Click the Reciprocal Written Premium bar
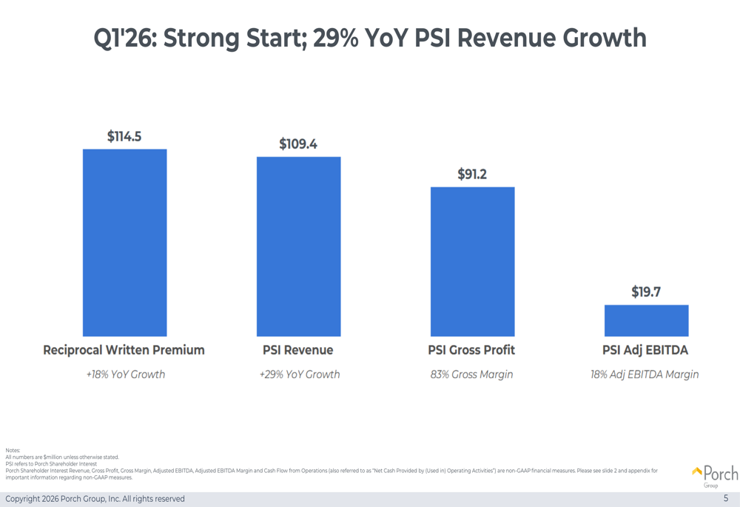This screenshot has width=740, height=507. (124, 243)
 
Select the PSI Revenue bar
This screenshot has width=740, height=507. (298, 246)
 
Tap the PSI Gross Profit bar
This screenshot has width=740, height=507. (472, 261)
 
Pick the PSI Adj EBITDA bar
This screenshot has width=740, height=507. (646, 320)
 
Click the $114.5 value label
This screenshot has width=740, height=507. (124, 136)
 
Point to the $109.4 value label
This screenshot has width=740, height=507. (298, 144)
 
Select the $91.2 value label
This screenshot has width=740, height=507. (472, 174)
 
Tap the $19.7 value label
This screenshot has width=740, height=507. (646, 292)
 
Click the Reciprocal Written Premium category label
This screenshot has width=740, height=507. (124, 350)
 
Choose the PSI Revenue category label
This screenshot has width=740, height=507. (298, 350)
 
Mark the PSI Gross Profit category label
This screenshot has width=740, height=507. (472, 350)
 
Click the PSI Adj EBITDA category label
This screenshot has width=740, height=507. (645, 350)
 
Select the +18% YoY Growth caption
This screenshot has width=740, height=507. (125, 375)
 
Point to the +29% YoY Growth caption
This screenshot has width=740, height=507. (299, 375)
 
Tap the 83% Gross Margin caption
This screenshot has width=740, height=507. (471, 375)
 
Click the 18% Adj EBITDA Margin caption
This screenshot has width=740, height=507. (645, 375)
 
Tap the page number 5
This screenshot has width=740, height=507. (726, 499)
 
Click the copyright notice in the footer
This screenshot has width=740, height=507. (95, 499)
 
